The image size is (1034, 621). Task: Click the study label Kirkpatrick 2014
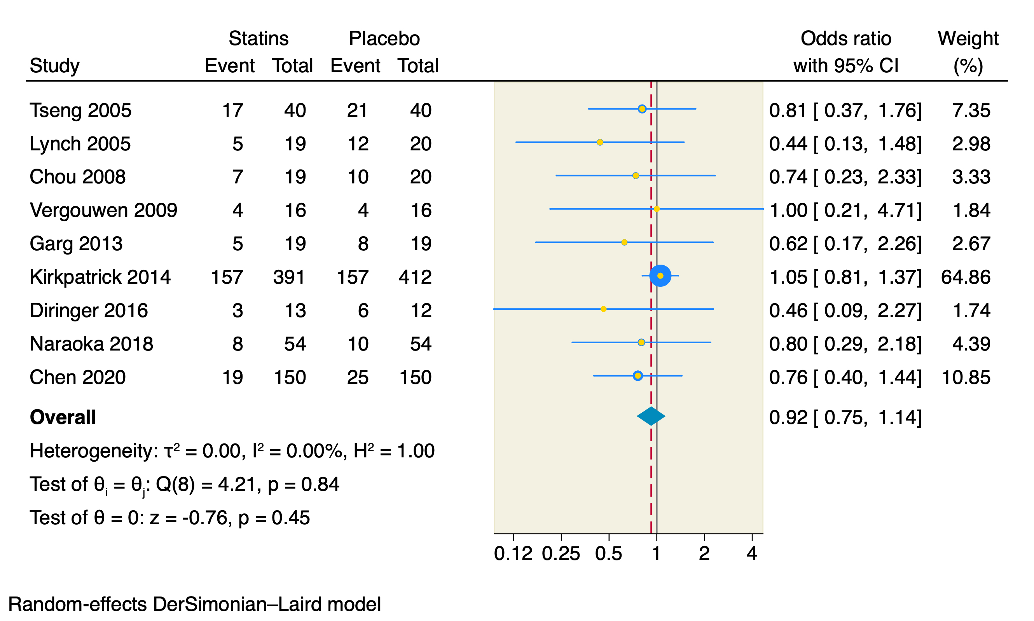[x=100, y=277]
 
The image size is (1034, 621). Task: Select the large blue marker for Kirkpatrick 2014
[x=660, y=276]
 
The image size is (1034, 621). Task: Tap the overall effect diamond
[x=651, y=416]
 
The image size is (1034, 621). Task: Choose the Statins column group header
[x=258, y=38]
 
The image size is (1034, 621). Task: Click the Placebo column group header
[x=384, y=38]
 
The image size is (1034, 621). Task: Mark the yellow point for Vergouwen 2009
[x=657, y=209]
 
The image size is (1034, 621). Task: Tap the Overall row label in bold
[x=63, y=417]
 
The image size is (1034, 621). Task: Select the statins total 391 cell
[x=289, y=277]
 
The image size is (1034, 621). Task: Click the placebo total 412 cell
[x=415, y=277]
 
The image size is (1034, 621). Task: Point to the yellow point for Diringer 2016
[x=603, y=309]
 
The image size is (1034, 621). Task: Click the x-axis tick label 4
[x=751, y=554]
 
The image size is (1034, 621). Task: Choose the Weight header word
[x=968, y=38]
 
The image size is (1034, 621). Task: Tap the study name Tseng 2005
[x=80, y=110]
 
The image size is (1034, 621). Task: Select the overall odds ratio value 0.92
[x=788, y=417]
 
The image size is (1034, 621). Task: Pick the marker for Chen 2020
[x=637, y=376]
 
